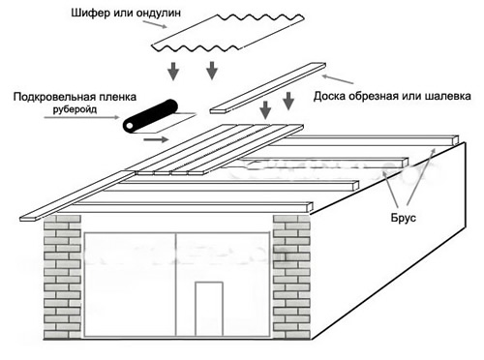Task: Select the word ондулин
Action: point(194,15)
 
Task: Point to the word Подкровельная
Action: point(58,98)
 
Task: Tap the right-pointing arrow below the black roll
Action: point(154,139)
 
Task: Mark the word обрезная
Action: point(382,97)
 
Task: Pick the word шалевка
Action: point(450,97)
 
